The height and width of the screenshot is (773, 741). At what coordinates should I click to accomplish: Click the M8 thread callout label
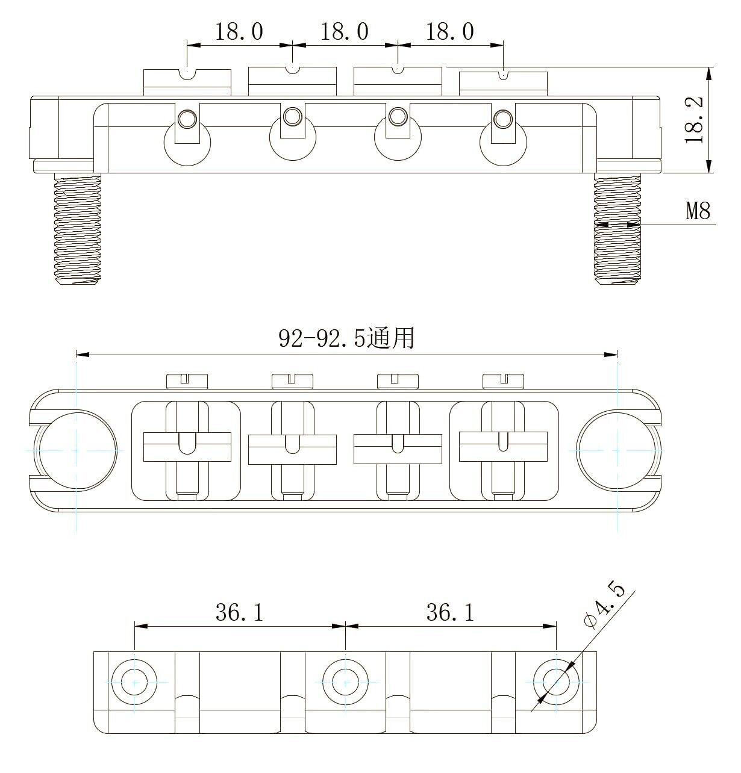coord(698,211)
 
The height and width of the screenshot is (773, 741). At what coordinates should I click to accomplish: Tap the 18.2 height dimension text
coord(695,120)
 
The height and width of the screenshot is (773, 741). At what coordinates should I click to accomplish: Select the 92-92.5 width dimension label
coord(346,338)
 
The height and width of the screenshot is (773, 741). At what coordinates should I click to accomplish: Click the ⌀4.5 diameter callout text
coord(604,604)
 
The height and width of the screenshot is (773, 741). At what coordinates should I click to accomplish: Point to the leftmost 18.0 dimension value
coord(239,31)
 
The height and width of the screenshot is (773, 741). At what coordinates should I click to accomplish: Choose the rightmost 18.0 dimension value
coord(450,31)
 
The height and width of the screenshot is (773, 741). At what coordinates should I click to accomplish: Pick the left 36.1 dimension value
coord(239,612)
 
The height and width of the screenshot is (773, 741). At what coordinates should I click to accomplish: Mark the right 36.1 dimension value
coord(450,612)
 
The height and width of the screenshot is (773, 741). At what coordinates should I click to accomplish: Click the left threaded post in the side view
coord(77,229)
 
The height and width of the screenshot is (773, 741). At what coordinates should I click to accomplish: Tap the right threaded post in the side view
coord(617,229)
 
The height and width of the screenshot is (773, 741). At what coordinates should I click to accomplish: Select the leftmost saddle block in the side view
coord(187,82)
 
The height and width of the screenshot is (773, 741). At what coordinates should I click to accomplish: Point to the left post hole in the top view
coord(77,450)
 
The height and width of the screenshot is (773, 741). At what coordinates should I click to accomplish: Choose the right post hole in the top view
coord(617,450)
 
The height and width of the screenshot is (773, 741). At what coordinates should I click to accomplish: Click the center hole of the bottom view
coord(345,683)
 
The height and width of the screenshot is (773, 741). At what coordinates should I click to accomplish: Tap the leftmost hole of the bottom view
coord(134,683)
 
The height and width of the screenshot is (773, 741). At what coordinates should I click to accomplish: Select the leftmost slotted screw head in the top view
coord(187,380)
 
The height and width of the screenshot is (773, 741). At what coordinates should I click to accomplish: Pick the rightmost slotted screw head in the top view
coord(504,380)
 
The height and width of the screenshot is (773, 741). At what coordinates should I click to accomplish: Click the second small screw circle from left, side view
coord(293,116)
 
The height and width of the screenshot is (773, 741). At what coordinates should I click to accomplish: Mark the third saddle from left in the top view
coord(398,449)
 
